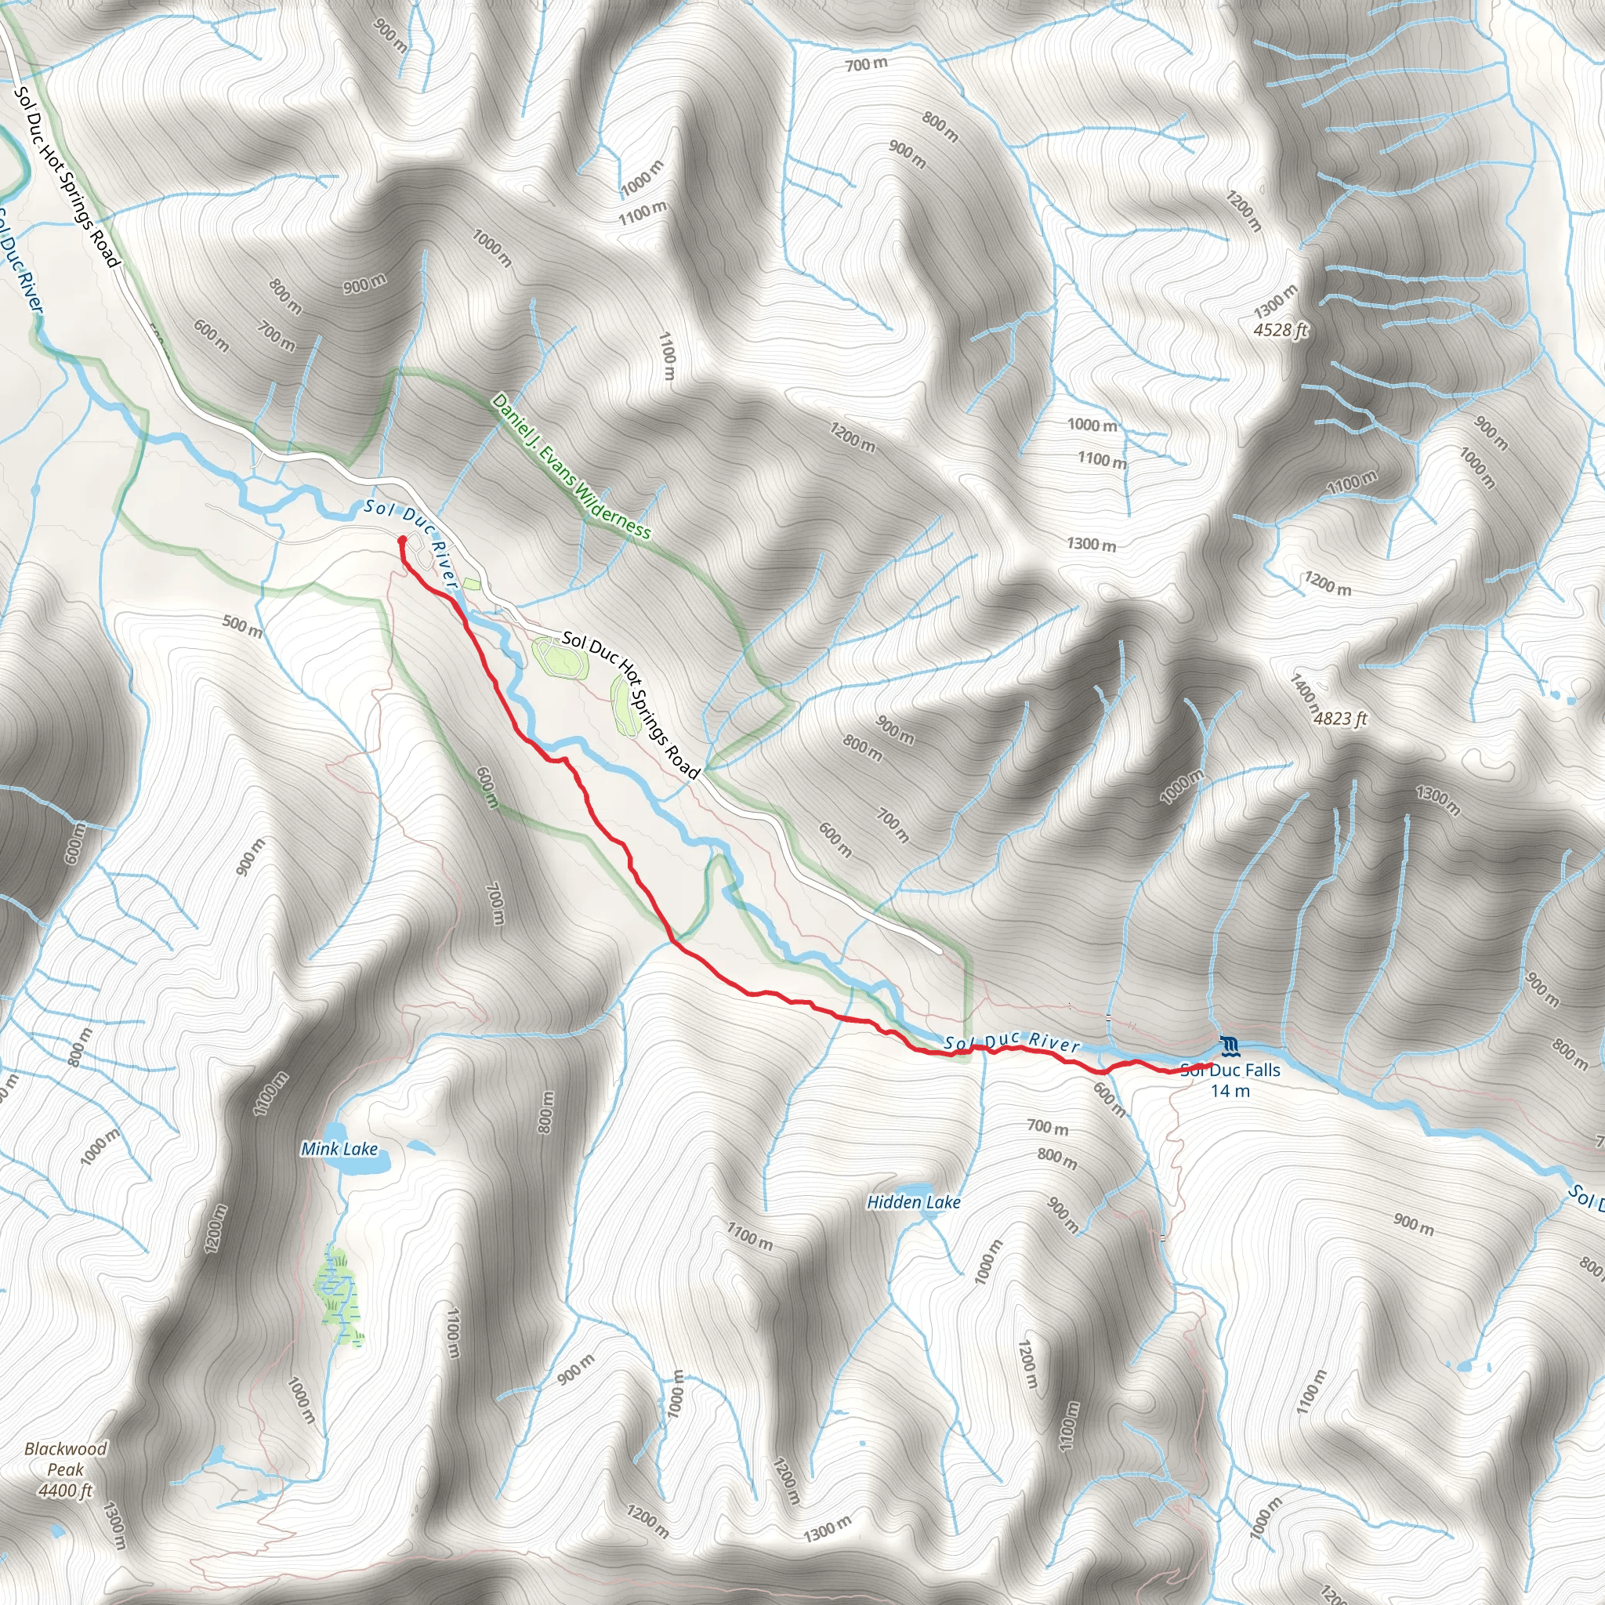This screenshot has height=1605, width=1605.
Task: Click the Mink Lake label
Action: click(x=339, y=1149)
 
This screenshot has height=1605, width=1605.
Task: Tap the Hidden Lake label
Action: click(x=914, y=1202)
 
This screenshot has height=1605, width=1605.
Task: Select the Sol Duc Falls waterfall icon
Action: click(x=1230, y=1044)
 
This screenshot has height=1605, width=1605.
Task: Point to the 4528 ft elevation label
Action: click(x=1281, y=331)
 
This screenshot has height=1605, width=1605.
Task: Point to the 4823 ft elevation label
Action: click(x=1340, y=719)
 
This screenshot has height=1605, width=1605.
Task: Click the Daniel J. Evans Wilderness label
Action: click(x=571, y=467)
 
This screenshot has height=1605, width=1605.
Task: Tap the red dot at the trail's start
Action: click(x=402, y=540)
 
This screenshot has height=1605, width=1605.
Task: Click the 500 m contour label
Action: click(x=243, y=625)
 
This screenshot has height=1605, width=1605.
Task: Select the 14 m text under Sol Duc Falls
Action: click(x=1230, y=1092)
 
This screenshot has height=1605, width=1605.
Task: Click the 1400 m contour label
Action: click(x=1304, y=695)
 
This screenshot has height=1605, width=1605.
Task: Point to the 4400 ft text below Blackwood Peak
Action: click(x=66, y=1491)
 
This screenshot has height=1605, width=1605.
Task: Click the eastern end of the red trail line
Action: click(x=1209, y=1065)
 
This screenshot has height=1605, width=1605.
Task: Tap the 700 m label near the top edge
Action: click(x=867, y=64)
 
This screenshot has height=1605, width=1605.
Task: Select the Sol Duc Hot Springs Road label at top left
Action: click(x=67, y=177)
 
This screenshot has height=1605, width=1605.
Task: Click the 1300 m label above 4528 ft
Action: click(x=1275, y=301)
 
